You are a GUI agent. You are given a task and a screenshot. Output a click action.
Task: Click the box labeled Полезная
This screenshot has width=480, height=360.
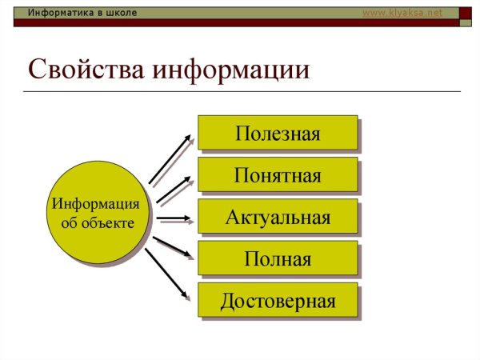(x=277, y=133)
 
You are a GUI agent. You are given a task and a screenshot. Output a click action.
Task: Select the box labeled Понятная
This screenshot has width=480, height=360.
(x=277, y=175)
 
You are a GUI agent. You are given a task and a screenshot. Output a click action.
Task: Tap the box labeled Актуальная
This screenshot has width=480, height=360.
(x=277, y=218)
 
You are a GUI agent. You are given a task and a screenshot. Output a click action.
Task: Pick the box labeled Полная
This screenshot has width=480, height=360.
(x=277, y=259)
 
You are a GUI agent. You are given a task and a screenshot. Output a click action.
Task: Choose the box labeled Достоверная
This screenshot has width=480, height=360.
(x=277, y=302)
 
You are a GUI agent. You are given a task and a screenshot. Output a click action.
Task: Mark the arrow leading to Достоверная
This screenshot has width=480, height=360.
(x=170, y=278)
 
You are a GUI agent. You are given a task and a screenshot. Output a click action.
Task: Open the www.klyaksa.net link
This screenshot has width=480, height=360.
(x=402, y=13)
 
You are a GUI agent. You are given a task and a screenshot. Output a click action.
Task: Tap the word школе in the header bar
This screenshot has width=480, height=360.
(x=122, y=13)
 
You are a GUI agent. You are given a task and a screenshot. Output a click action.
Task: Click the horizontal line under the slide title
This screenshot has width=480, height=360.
(x=240, y=91)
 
